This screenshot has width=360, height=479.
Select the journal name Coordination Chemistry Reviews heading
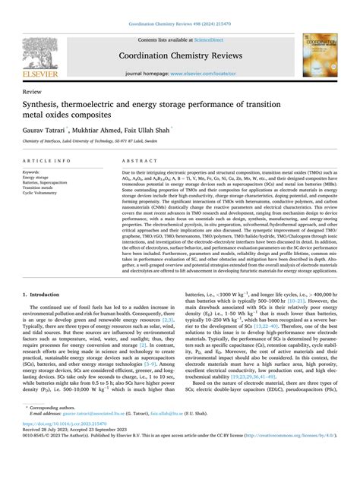(x=179, y=55)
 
